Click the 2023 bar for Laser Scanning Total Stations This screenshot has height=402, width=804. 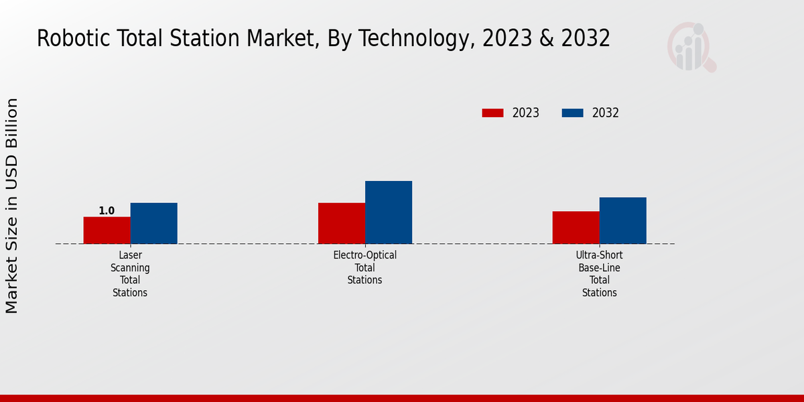107,230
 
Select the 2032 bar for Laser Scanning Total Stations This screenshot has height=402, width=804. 153,223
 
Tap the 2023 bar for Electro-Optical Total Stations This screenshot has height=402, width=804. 341,223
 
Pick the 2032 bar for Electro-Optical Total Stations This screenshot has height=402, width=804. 389,212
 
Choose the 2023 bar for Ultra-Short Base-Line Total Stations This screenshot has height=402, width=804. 576,227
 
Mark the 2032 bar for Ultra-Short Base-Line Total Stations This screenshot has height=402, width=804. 623,220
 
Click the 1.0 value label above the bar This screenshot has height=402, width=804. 107,211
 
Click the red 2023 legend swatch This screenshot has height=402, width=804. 492,113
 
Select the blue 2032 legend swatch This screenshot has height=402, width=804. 572,113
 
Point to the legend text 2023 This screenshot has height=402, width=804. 526,113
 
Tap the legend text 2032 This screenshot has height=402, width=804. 606,113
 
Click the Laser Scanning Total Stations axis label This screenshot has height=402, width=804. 130,274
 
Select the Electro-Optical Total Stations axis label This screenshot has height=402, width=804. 365,267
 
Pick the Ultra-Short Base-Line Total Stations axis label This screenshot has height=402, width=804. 600,274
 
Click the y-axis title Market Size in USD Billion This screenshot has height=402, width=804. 12,206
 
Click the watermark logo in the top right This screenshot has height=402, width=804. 691,47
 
